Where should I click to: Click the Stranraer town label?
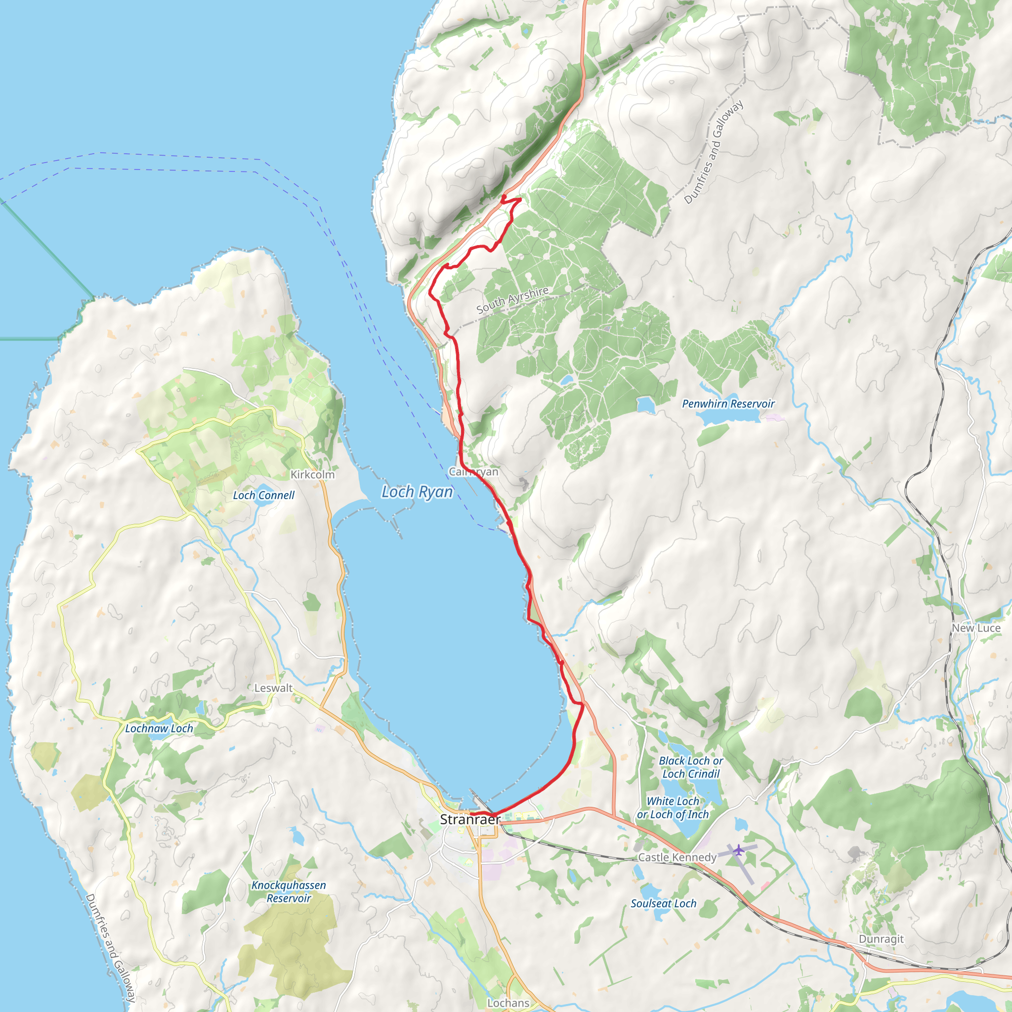click(x=470, y=820)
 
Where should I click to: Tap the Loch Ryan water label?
click(x=417, y=492)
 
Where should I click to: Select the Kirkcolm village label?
click(x=312, y=474)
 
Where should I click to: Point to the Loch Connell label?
click(x=263, y=495)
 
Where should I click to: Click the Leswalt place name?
click(x=273, y=688)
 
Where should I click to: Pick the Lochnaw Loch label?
click(x=159, y=729)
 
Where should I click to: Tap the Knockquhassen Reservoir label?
click(x=289, y=891)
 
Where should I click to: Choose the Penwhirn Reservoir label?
click(x=727, y=404)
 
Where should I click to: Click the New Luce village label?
click(x=976, y=628)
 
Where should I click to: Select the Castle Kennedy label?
click(x=677, y=857)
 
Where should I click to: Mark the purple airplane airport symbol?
click(x=738, y=849)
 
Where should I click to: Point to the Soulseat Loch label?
click(x=663, y=904)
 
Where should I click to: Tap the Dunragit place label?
click(x=881, y=939)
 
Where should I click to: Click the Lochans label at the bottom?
click(x=508, y=1003)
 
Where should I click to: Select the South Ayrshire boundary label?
click(x=512, y=300)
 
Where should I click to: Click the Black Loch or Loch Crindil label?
click(x=690, y=767)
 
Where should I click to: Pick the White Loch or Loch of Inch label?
click(x=673, y=808)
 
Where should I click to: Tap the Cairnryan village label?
click(x=473, y=472)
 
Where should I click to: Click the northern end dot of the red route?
click(x=504, y=197)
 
